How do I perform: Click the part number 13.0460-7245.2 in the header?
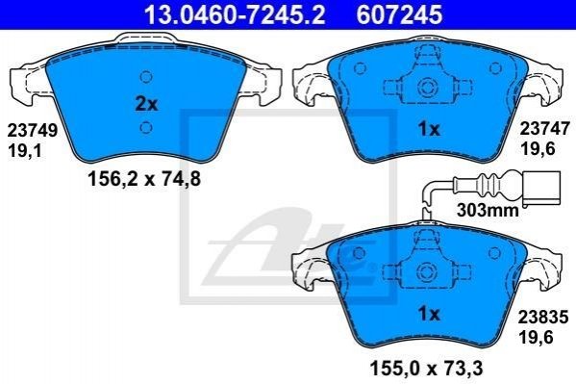[x=235, y=14]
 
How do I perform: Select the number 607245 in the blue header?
[x=399, y=14]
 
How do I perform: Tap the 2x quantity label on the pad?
[x=146, y=104]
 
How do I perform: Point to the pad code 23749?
[x=33, y=130]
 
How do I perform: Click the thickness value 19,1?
[x=25, y=151]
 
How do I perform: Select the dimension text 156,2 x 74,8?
[x=144, y=179]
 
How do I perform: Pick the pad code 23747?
[x=543, y=129]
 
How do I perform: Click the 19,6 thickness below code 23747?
[x=538, y=149]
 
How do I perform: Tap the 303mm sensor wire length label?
[x=488, y=211]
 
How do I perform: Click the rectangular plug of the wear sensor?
[x=541, y=188]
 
